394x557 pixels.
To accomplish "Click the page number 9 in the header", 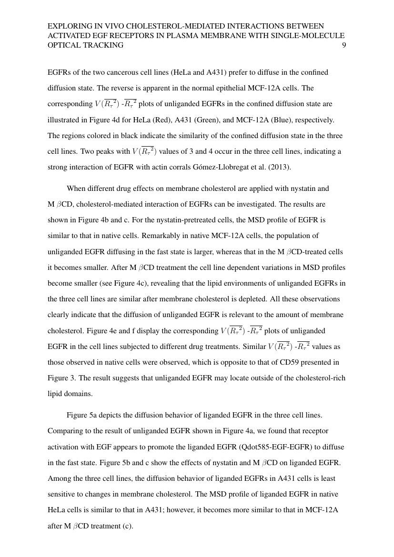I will (x=343, y=46).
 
